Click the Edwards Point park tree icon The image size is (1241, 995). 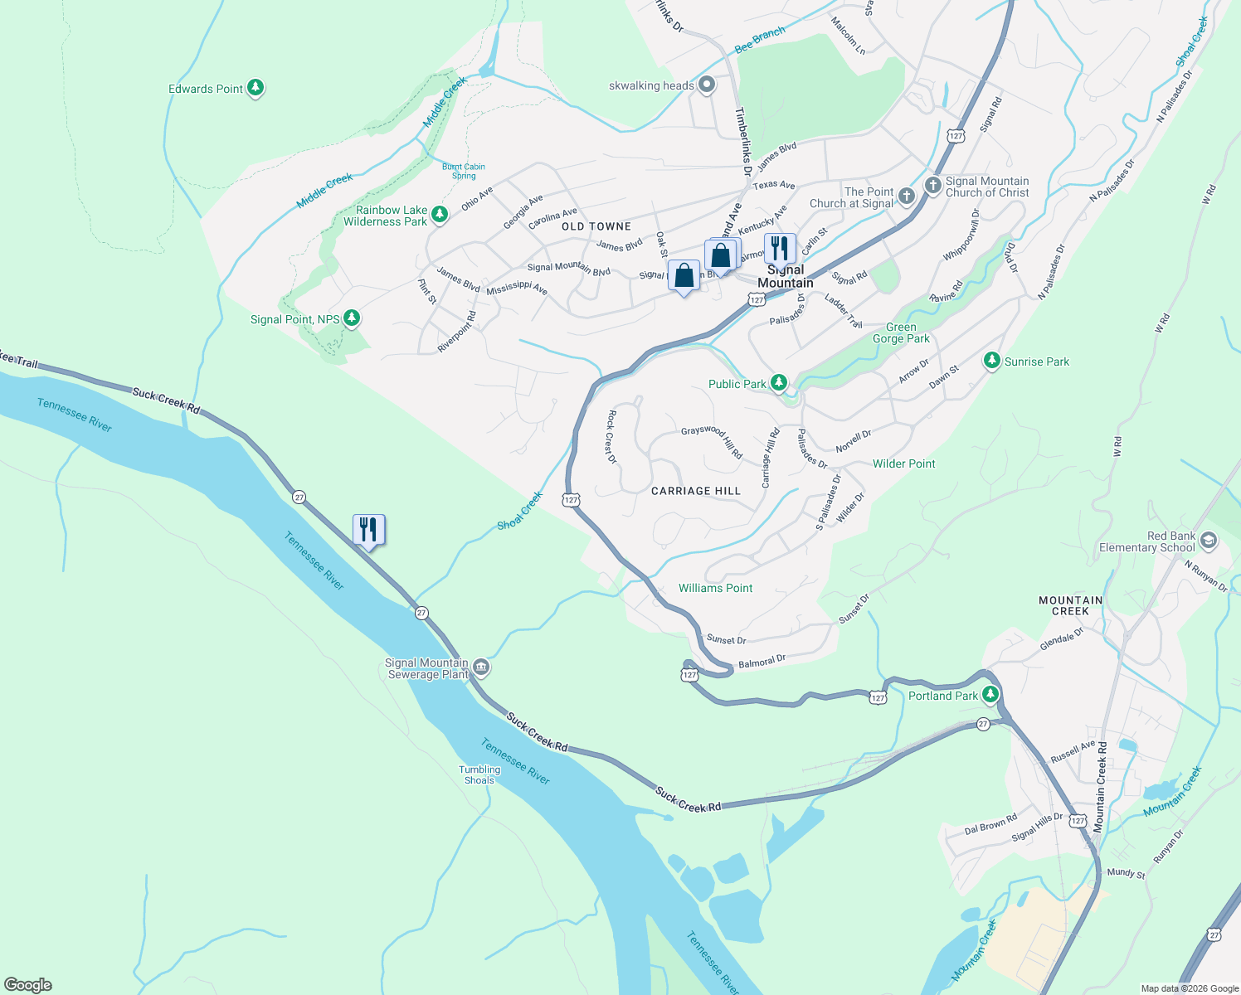click(x=255, y=88)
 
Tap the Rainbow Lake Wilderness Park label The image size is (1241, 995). click(x=386, y=216)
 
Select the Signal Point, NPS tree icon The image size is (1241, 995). click(x=352, y=318)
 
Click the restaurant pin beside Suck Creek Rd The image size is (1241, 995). click(x=368, y=529)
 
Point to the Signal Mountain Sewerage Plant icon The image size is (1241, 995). click(x=480, y=667)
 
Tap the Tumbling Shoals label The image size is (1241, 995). click(x=479, y=774)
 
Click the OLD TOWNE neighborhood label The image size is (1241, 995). click(x=596, y=226)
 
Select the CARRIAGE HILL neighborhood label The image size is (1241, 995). click(x=695, y=491)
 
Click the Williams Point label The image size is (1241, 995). click(x=715, y=588)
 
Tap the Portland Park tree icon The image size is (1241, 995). click(x=990, y=695)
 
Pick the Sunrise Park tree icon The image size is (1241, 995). click(x=991, y=361)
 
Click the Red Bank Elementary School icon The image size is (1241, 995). click(x=1208, y=541)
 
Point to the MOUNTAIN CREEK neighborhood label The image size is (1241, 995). click(x=1070, y=605)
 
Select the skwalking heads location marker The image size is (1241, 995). click(x=707, y=85)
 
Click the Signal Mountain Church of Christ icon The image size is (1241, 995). click(x=932, y=186)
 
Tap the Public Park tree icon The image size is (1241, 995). click(x=778, y=383)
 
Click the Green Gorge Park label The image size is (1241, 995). click(x=901, y=332)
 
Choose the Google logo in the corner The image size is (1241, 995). click(x=27, y=984)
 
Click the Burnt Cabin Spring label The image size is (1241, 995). click(x=464, y=171)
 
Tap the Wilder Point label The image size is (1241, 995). click(x=903, y=464)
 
